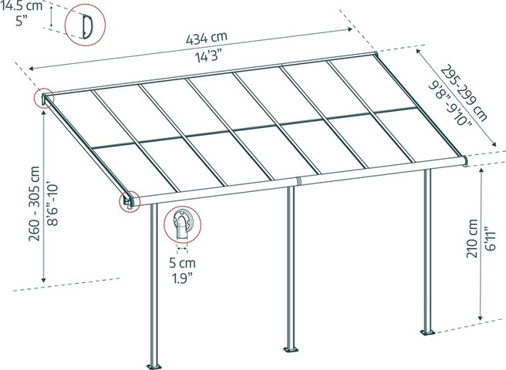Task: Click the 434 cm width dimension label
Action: (207, 38)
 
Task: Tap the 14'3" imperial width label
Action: (209, 57)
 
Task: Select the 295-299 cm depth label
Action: (464, 93)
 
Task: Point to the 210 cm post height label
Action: (472, 238)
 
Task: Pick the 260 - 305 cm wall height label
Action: (34, 203)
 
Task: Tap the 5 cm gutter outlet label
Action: (182, 263)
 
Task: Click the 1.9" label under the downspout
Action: (182, 277)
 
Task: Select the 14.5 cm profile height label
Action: (21, 5)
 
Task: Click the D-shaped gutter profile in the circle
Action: (87, 26)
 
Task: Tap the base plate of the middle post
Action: (291, 349)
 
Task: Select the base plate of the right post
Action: (427, 332)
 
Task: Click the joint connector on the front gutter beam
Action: (299, 182)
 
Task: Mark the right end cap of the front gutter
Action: (464, 161)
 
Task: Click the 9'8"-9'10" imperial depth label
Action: (450, 104)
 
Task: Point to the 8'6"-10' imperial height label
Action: (52, 205)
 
